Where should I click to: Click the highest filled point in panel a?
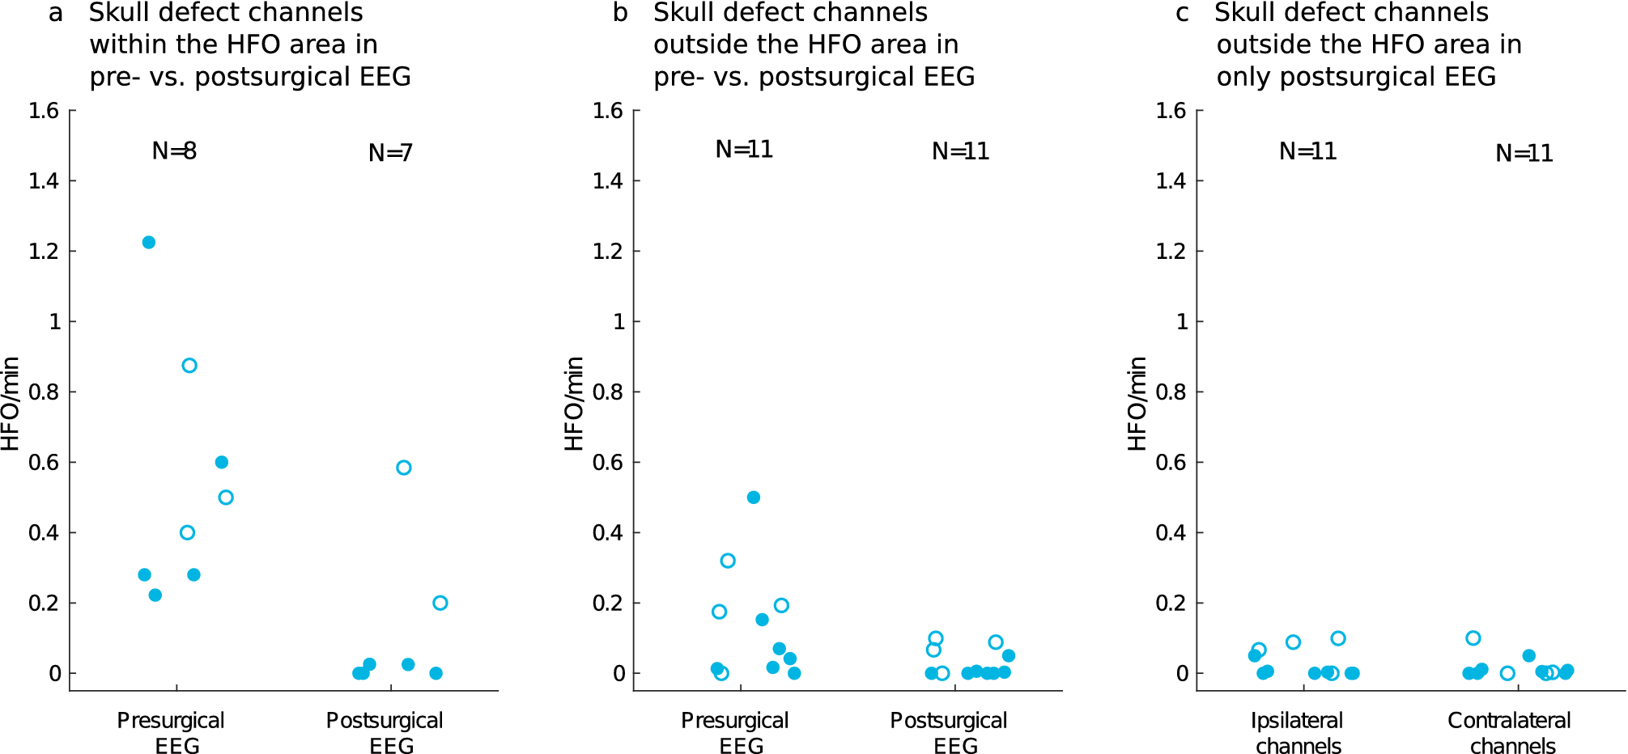(x=149, y=243)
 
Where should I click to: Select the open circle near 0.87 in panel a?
(x=189, y=366)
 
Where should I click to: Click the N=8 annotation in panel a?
(x=174, y=150)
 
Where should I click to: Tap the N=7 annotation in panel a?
(x=390, y=153)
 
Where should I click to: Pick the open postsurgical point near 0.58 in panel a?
(x=404, y=468)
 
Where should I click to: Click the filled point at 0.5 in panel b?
(x=754, y=498)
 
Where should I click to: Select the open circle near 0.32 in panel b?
(x=728, y=561)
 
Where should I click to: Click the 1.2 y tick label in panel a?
(x=44, y=251)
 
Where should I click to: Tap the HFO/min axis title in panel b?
(x=573, y=403)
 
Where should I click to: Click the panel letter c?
(x=1182, y=13)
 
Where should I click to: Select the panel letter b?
(x=620, y=13)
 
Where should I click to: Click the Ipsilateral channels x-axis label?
(x=1298, y=733)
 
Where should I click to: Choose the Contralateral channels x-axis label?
(x=1511, y=733)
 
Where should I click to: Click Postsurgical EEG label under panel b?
(x=949, y=733)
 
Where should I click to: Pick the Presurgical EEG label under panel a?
(x=171, y=733)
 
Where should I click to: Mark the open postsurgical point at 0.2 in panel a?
(x=440, y=603)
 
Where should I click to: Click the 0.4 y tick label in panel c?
(x=1171, y=532)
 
